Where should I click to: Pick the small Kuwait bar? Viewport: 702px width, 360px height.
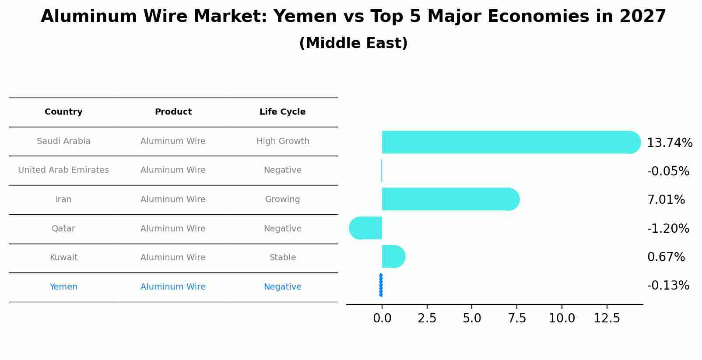(x=393, y=256)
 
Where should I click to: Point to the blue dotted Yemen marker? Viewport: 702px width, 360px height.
(x=381, y=285)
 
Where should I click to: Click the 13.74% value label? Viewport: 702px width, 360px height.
(x=669, y=143)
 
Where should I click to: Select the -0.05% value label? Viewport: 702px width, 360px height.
(x=668, y=171)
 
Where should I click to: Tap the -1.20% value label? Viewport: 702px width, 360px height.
(x=668, y=229)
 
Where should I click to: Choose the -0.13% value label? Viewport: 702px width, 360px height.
(x=668, y=286)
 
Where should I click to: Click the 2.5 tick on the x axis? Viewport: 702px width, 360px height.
(x=427, y=318)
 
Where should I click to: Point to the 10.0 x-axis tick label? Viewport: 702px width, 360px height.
(x=562, y=318)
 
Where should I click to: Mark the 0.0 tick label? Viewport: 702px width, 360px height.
(x=382, y=318)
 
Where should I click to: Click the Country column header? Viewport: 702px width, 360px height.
(x=63, y=112)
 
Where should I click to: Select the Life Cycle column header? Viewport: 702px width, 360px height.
(x=282, y=112)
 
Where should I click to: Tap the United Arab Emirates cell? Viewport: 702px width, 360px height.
(x=63, y=170)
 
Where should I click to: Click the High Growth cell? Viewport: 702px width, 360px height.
(x=283, y=141)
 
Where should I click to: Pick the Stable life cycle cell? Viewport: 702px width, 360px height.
(x=283, y=258)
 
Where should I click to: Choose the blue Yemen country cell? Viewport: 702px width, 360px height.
(x=63, y=287)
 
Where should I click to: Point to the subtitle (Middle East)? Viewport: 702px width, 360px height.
(x=353, y=43)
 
